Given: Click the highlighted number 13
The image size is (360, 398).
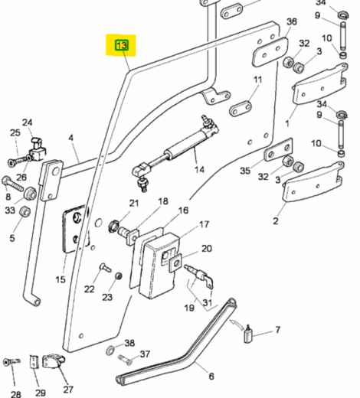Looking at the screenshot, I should pyautogui.click(x=121, y=46).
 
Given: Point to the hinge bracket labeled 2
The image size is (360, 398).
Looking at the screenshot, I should pyautogui.click(x=313, y=186).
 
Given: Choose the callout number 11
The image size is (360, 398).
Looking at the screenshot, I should pyautogui.click(x=257, y=80).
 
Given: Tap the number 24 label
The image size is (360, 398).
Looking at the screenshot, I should pyautogui.click(x=28, y=122).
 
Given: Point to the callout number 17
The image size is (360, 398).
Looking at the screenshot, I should pyautogui.click(x=205, y=225).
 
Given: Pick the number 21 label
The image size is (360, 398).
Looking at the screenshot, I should pyautogui.click(x=134, y=203).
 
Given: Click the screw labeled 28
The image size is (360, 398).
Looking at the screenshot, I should pyautogui.click(x=10, y=361).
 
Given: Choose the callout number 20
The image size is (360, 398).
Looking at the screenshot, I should pyautogui.click(x=207, y=248).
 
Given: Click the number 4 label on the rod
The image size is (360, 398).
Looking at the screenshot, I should pyautogui.click(x=71, y=139).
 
